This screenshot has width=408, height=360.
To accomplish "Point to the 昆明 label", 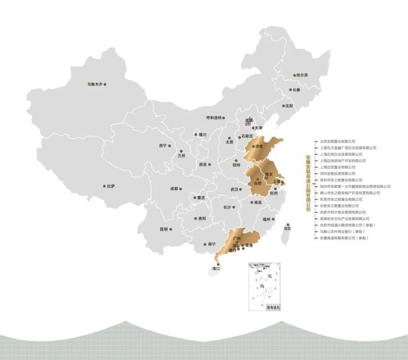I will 163,228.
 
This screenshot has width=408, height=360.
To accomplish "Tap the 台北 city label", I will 286,228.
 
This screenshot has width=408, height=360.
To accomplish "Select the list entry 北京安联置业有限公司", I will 339,142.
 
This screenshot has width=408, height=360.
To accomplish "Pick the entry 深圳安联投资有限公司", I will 339,174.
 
